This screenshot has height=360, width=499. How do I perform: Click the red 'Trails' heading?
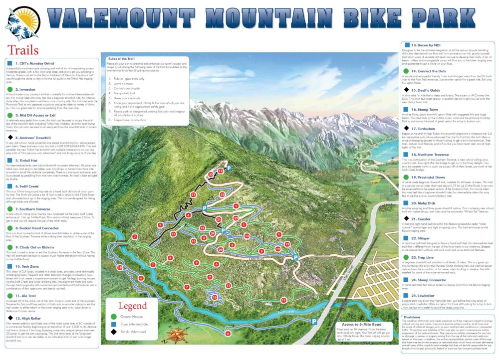pyautogui.click(x=23, y=49)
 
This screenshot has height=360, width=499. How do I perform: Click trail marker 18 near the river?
pyautogui.click(x=119, y=267)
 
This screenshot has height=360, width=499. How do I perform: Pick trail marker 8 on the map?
pyautogui.click(x=170, y=258)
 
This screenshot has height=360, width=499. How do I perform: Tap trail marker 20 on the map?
pyautogui.click(x=220, y=249)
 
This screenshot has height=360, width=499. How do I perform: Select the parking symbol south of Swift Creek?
pyautogui.click(x=314, y=321)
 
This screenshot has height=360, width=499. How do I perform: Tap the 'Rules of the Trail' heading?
pyautogui.click(x=122, y=59)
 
